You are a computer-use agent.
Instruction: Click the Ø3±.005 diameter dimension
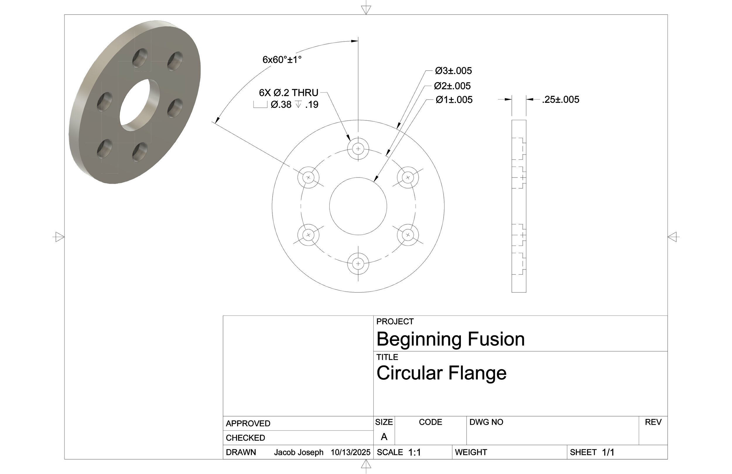(x=453, y=71)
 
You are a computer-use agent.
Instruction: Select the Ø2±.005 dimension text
(x=452, y=86)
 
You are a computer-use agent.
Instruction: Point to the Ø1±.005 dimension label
(x=454, y=100)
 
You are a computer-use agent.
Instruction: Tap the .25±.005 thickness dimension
(x=560, y=99)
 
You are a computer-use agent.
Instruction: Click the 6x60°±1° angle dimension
(x=282, y=59)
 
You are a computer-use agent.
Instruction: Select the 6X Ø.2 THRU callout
(x=288, y=93)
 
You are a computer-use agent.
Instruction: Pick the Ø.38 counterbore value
(x=281, y=105)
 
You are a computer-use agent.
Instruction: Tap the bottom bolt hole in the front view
(x=358, y=264)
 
